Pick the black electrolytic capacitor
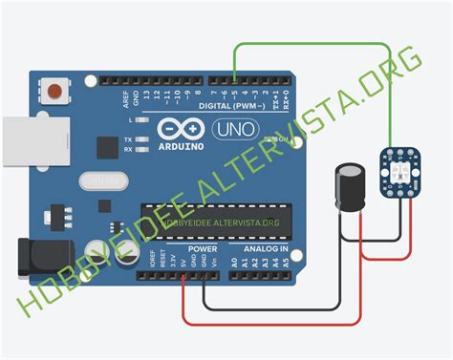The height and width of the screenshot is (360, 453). coord(350,188)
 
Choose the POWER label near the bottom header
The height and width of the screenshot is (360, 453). coord(202,249)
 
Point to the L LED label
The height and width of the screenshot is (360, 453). coord(129,121)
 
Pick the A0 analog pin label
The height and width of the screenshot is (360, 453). coord(234,260)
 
